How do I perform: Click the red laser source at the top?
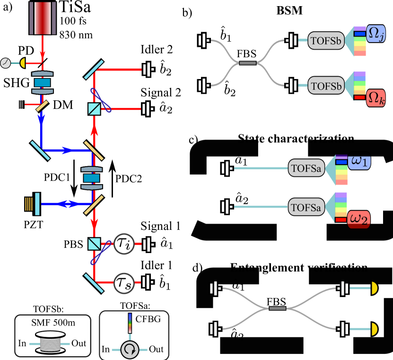click(x=43, y=18)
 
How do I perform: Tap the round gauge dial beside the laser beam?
click(x=6, y=62)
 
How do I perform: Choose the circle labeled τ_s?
click(x=124, y=283)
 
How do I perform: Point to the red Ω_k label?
click(x=376, y=98)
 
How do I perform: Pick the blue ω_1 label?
click(x=359, y=162)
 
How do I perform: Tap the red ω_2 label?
click(x=359, y=220)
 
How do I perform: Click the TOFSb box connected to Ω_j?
click(x=325, y=41)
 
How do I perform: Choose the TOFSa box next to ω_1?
click(x=306, y=168)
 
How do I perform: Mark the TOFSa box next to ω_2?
click(x=306, y=207)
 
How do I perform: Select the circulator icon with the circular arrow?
click(x=129, y=350)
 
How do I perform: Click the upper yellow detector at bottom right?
click(x=374, y=287)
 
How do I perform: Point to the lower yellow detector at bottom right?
click(x=374, y=328)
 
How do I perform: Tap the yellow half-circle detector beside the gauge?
click(x=22, y=62)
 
